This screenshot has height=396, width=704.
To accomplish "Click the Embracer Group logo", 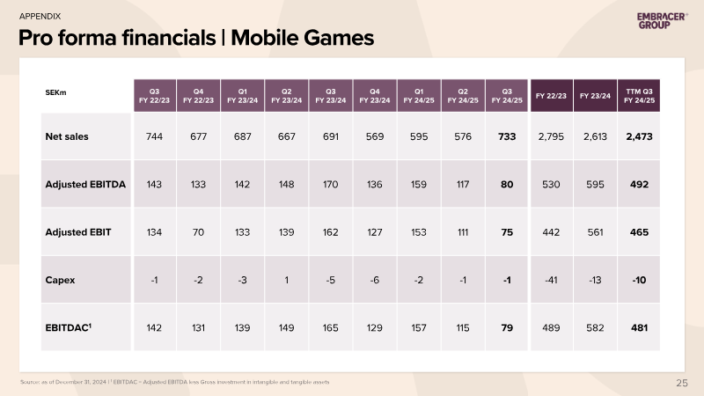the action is coord(663,20).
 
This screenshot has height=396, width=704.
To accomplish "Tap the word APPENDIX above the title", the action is coord(40,16).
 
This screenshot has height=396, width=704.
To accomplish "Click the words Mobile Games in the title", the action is coord(302,38).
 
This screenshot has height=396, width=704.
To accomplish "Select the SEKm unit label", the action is coord(55,92).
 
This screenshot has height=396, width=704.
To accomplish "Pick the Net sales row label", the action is coord(67,136).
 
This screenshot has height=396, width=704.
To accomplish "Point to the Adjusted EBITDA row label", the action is coord(85,185).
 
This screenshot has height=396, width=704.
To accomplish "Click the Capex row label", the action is coord(60,280).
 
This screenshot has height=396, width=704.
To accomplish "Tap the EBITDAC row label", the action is coord(69,327).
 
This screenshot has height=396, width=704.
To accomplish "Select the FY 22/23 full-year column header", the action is coord(552,96).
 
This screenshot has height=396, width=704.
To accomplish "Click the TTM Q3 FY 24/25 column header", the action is coord(639,96).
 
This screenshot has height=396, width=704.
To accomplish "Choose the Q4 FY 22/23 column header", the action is coord(199,96).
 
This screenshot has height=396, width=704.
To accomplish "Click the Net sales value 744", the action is coord(154,136).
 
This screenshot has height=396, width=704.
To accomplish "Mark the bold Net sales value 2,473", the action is coord(640,136).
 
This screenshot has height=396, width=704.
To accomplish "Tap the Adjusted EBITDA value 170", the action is coord(331,185).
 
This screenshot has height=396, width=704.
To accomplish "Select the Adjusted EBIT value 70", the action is coord(198,232).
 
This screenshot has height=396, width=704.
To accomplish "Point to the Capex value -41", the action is coord(551,280).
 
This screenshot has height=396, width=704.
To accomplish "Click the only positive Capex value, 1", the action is coord(287,280).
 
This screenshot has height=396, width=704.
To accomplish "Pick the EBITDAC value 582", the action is coord(595,327).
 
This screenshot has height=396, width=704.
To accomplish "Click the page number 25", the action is coord(681,383).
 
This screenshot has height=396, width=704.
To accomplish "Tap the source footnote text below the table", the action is coord(174,382).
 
